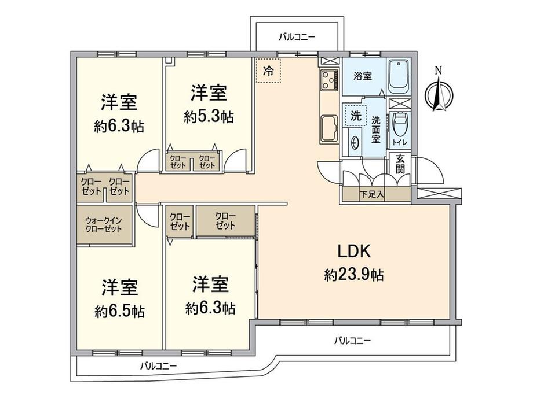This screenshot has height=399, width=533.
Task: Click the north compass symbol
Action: [x=439, y=91]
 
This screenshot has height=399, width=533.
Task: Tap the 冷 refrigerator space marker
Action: [x=268, y=71]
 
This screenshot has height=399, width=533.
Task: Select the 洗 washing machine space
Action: [x=355, y=114]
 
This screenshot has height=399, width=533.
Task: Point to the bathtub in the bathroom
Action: [x=399, y=77]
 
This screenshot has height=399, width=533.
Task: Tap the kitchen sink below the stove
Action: [x=328, y=128]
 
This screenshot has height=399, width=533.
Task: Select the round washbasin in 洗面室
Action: [x=355, y=143]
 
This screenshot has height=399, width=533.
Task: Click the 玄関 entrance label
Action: [x=400, y=164]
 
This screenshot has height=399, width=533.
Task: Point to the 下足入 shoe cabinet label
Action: [x=372, y=194]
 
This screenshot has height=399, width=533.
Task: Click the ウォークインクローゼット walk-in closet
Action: [x=104, y=224]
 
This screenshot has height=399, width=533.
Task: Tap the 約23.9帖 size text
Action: [x=354, y=275]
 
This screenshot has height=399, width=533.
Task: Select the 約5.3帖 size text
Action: [x=209, y=117]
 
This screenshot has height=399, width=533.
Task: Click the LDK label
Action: [x=353, y=251]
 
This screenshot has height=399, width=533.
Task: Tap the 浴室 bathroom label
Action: [x=362, y=76]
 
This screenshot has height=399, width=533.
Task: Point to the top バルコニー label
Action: [x=297, y=36]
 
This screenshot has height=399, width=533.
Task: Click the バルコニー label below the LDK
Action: [x=352, y=340]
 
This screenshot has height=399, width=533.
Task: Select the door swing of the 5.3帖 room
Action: [x=235, y=161]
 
